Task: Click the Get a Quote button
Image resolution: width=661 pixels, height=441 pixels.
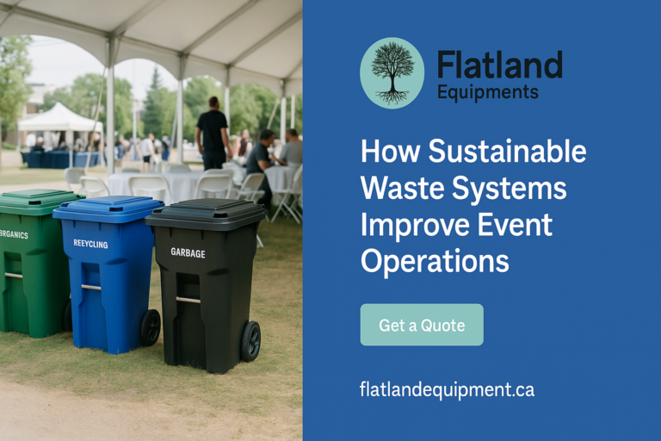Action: [422, 325]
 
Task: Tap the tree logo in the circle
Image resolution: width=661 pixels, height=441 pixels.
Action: [392, 73]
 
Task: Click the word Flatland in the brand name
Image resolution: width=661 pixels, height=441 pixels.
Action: [500, 65]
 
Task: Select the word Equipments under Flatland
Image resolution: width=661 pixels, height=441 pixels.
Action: [488, 92]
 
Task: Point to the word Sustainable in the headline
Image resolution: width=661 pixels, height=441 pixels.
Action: [507, 151]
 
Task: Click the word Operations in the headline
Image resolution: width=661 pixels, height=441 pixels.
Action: [435, 262]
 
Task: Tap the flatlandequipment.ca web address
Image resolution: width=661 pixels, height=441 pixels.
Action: [447, 389]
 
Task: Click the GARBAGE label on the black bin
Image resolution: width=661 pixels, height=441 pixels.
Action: [188, 252]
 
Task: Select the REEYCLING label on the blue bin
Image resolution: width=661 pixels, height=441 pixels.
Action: [90, 244]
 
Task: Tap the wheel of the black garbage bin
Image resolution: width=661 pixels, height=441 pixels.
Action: [250, 341]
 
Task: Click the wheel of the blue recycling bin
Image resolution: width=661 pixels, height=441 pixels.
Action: [151, 327]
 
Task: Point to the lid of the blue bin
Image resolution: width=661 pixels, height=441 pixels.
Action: [108, 208]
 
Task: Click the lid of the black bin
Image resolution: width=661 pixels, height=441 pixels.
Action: [206, 214]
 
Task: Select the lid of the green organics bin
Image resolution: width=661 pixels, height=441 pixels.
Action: [39, 201]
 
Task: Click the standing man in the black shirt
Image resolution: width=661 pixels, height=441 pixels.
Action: [213, 134]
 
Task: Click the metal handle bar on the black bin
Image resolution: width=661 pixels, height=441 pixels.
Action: [188, 300]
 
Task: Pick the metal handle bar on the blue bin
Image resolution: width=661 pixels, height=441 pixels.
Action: [91, 288]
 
